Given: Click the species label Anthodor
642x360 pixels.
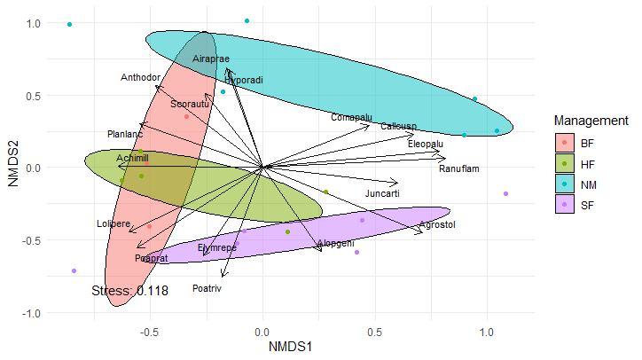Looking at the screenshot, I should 140,77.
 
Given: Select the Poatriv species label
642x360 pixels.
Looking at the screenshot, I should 206,289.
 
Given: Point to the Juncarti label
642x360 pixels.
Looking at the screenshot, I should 382,193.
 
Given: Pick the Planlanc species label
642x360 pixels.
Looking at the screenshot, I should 124,135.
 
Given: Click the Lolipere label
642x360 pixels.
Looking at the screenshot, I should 114,223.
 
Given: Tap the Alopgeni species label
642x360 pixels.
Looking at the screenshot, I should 335,243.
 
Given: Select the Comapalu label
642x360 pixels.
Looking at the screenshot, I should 351,117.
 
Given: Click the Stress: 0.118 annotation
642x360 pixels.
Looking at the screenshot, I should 129,290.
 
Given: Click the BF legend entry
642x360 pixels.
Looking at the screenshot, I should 588,142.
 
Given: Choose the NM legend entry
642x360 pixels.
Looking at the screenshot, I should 588,184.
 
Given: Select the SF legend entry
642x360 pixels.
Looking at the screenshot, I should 588,206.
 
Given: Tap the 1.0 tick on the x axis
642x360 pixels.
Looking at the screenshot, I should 487,333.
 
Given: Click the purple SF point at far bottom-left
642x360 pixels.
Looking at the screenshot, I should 74,271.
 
